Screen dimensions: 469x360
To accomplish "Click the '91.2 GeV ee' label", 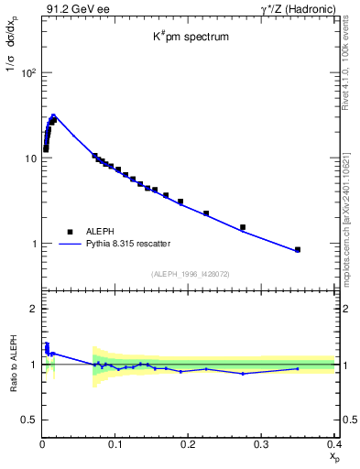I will click(71, 9).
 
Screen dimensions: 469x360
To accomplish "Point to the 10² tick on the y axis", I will click(28, 72).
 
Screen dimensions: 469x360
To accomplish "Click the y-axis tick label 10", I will click(29, 158).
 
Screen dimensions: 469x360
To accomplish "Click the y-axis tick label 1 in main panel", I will click(34, 244).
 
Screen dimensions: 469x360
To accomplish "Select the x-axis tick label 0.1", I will click(115, 444).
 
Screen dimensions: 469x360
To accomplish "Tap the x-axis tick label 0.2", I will click(189, 444).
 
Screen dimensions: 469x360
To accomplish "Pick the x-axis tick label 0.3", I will click(261, 444).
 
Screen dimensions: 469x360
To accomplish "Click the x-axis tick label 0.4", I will click(333, 444).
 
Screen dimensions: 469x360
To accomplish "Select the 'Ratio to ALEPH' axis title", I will click(14, 365).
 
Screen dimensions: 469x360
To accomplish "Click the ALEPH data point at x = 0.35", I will click(298, 249).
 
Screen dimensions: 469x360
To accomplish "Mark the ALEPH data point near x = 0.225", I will click(206, 213).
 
